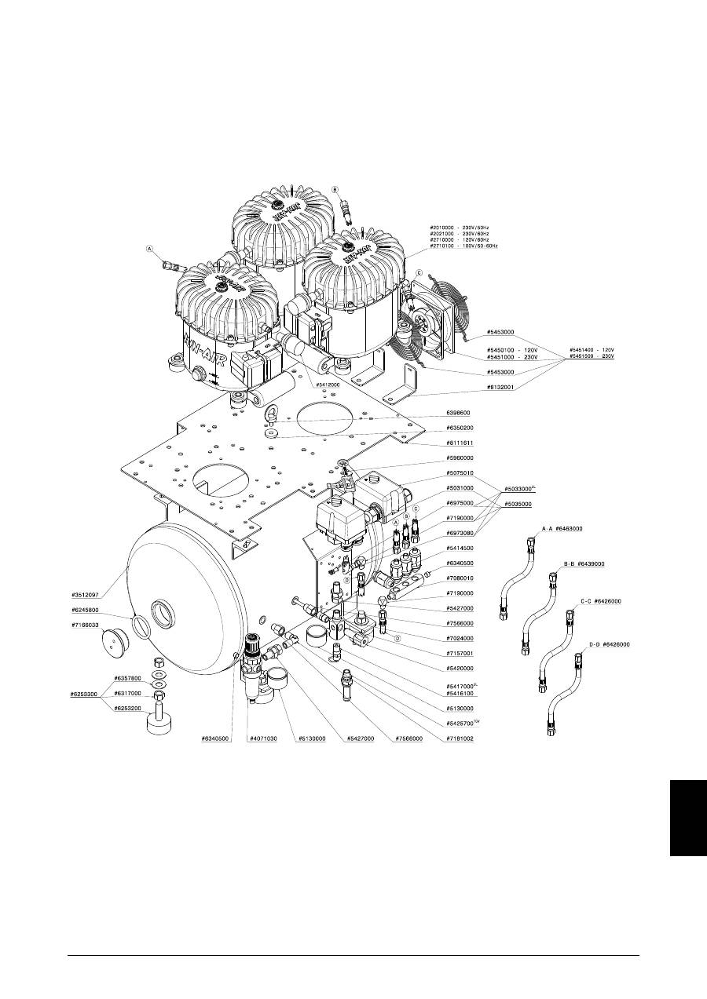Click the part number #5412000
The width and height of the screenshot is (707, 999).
328,385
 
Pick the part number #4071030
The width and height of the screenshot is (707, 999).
265,739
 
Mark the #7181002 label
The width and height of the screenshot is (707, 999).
460,739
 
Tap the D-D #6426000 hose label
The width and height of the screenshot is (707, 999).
610,644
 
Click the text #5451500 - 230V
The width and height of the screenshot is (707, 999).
592,356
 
